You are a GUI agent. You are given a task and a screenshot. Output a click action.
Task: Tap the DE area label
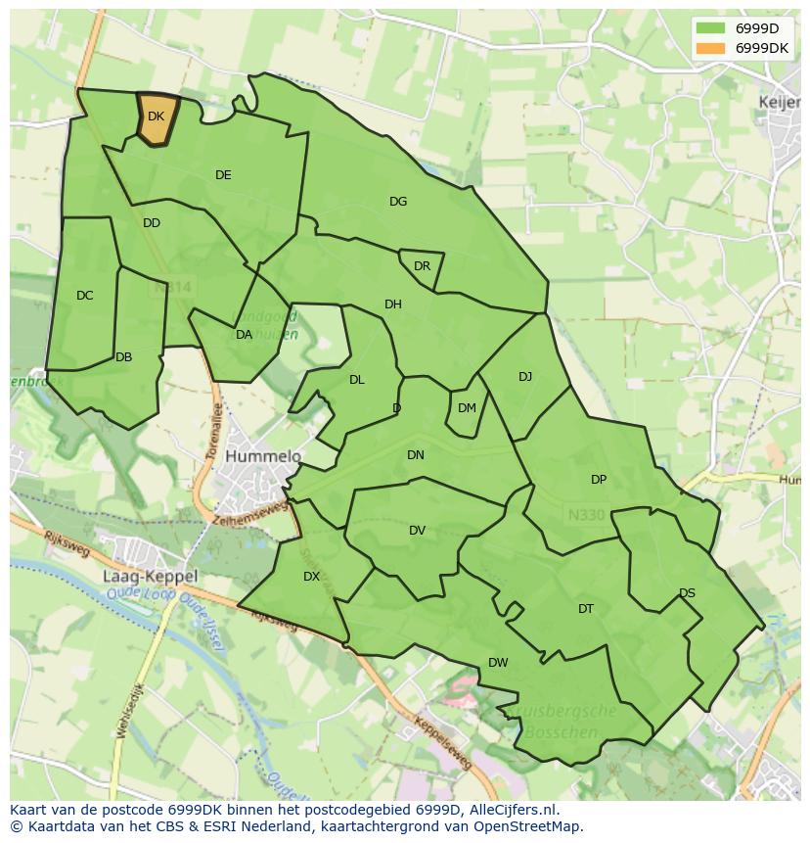223,175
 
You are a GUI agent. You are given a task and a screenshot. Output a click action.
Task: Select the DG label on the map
398,202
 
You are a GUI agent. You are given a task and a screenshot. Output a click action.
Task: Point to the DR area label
422,266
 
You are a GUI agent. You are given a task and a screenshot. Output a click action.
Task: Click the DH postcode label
393,304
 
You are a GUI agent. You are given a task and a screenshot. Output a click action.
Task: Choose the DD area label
151,223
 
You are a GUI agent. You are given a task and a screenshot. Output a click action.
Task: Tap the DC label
85,296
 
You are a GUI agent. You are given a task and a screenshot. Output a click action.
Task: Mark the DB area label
123,357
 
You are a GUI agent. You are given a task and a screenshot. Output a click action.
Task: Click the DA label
245,335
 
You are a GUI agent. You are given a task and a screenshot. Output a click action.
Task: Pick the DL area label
357,380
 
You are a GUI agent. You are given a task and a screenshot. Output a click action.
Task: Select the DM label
467,408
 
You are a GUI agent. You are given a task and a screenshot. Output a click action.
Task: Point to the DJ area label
525,377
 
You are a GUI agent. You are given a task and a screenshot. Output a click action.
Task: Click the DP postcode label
599,480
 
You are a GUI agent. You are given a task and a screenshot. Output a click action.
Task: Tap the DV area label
418,531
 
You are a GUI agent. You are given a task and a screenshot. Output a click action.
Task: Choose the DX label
311,577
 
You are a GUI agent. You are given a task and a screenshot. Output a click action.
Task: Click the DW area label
498,663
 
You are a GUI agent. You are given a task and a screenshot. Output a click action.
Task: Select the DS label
687,593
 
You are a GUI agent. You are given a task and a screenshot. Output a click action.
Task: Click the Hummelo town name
263,456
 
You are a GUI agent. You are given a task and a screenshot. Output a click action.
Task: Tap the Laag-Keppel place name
150,577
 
